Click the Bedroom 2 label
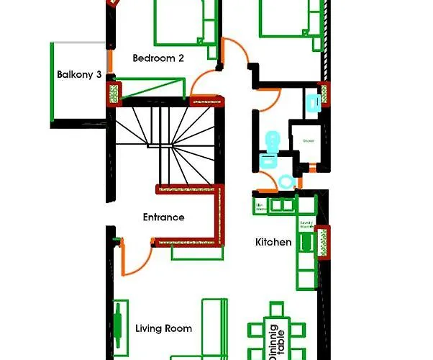tap(157, 58)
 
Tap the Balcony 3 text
tap(78, 73)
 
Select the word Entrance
tap(163, 217)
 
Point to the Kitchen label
tap(273, 242)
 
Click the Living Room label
tap(163, 328)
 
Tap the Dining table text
tap(277, 343)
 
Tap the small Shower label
tap(309, 140)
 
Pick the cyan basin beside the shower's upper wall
tap(313, 103)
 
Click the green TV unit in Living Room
tap(117, 320)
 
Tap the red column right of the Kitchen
tap(322, 238)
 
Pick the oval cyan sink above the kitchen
tap(286, 181)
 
